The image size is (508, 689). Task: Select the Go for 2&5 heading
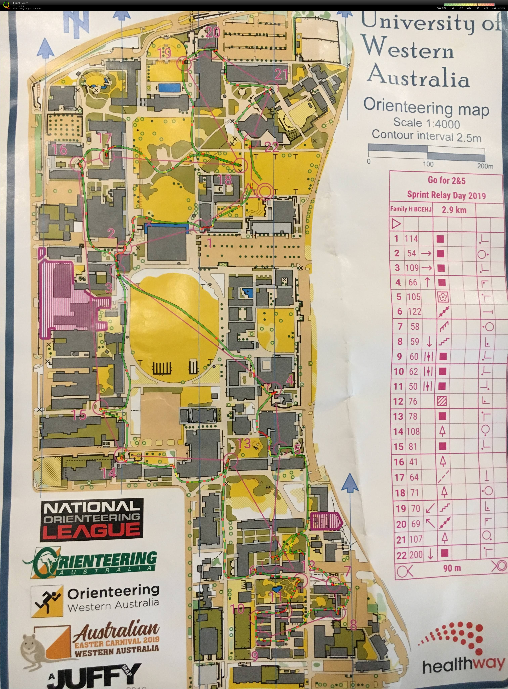(447, 180)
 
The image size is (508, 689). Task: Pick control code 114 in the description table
(411, 239)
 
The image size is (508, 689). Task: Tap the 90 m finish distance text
(452, 568)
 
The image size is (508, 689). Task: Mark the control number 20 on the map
(213, 32)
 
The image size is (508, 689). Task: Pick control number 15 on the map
(79, 415)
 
